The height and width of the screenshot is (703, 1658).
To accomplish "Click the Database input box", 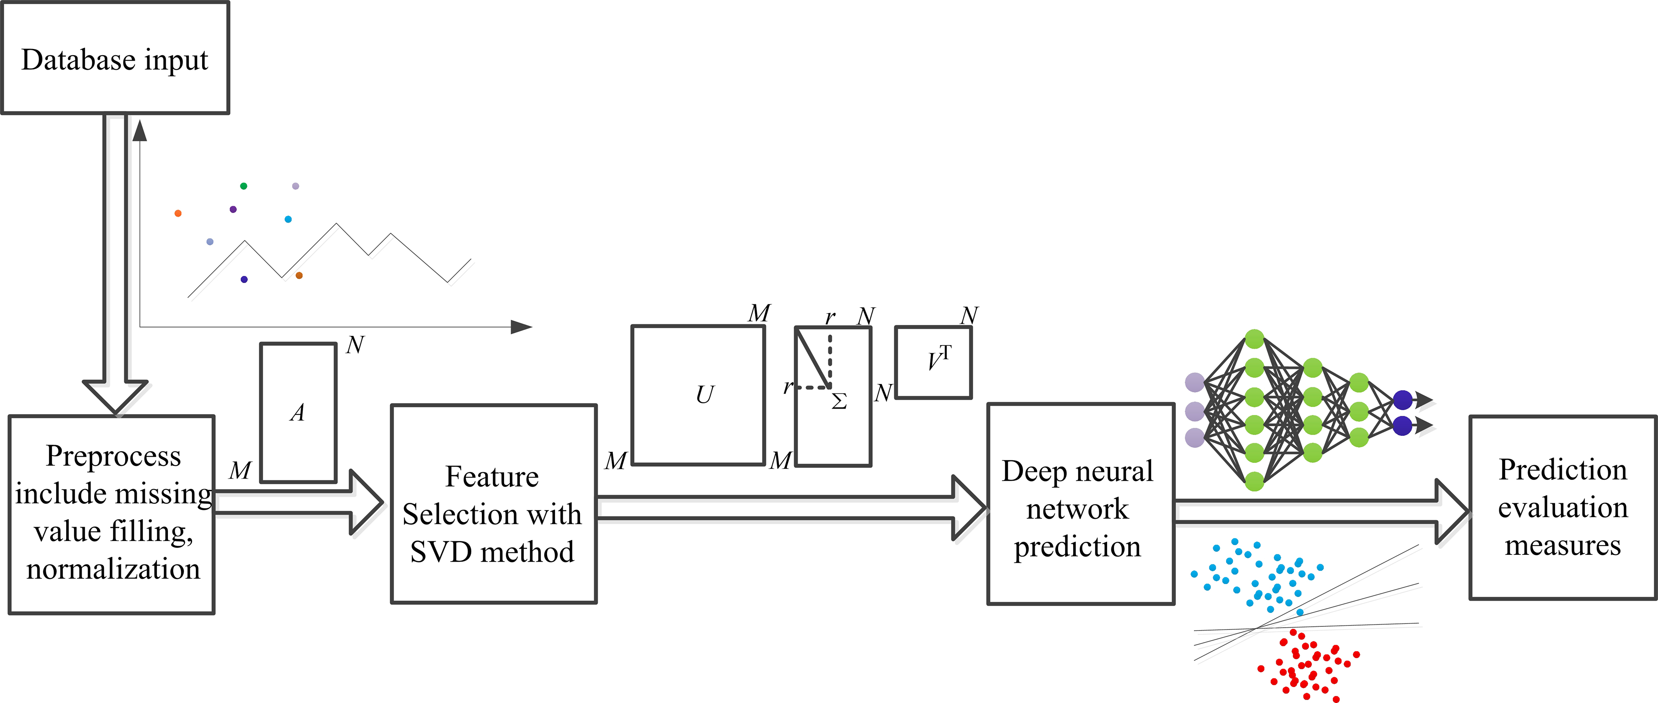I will (115, 58).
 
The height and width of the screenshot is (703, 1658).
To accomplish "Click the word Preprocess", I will (113, 456).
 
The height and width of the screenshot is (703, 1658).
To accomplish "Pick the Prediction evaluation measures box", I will (1562, 507).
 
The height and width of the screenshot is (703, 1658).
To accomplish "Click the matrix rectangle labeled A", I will (298, 412).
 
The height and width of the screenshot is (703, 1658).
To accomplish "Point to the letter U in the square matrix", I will (705, 394).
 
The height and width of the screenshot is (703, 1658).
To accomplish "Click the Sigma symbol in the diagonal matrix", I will (839, 402).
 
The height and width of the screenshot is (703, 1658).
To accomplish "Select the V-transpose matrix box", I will (933, 362).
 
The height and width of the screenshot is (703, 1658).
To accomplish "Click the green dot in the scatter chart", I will (243, 186).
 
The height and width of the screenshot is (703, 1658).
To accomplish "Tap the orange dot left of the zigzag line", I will (177, 213).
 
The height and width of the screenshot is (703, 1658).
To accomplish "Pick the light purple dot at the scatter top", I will (296, 186).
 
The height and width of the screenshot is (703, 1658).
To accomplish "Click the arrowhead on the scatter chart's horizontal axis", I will (522, 327).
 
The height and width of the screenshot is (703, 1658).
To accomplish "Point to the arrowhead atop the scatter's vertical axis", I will (140, 130).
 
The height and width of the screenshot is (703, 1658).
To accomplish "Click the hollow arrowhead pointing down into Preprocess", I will (115, 396).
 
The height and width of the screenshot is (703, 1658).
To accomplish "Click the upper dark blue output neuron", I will (1403, 400).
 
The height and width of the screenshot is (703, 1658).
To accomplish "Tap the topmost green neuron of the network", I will (1254, 339).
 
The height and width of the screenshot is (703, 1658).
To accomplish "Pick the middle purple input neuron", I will (1195, 411).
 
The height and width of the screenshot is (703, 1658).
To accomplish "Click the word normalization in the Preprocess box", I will (113, 569).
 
